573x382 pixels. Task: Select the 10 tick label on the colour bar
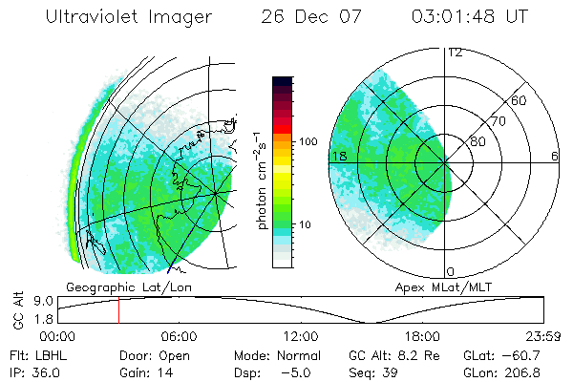pyautogui.click(x=308, y=225)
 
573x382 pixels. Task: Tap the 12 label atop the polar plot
pyautogui.click(x=455, y=53)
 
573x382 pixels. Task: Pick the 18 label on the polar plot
pyautogui.click(x=337, y=156)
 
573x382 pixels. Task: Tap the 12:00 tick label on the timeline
pyautogui.click(x=301, y=336)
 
